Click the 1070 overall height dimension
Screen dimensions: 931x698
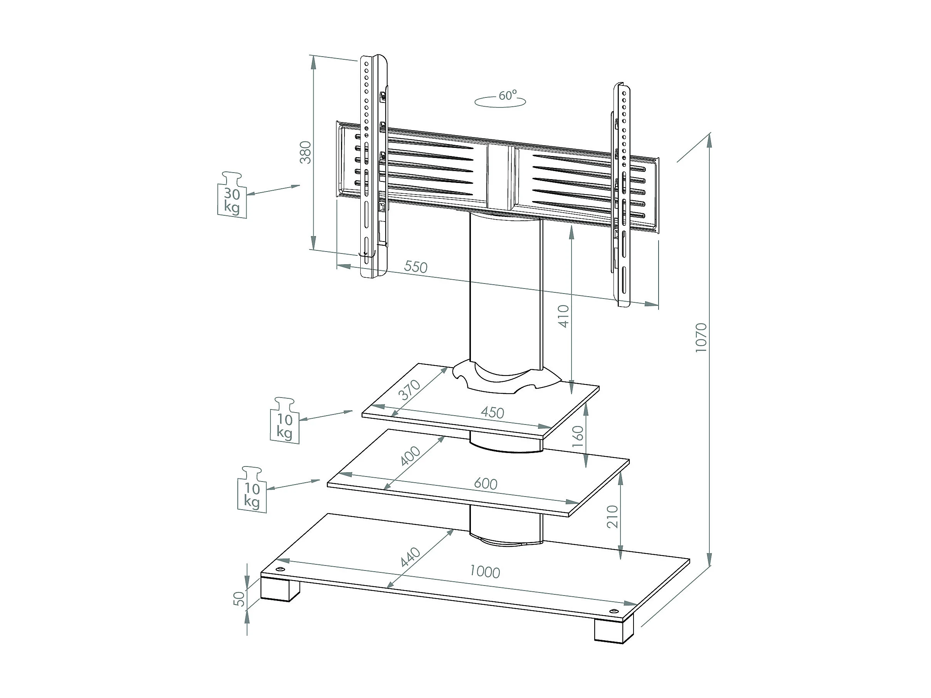[x=701, y=337]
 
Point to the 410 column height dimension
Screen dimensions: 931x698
[x=563, y=316]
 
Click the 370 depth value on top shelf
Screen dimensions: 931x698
[x=410, y=390]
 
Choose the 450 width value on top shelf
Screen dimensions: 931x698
[x=492, y=412]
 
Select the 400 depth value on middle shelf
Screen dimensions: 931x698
[x=410, y=456]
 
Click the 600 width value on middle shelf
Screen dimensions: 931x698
[x=486, y=483]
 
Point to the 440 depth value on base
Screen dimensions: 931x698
[x=410, y=557]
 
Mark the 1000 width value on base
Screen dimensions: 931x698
[x=484, y=572]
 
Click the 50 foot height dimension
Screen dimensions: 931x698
[x=239, y=599]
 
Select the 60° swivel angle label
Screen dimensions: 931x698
[x=507, y=96]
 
